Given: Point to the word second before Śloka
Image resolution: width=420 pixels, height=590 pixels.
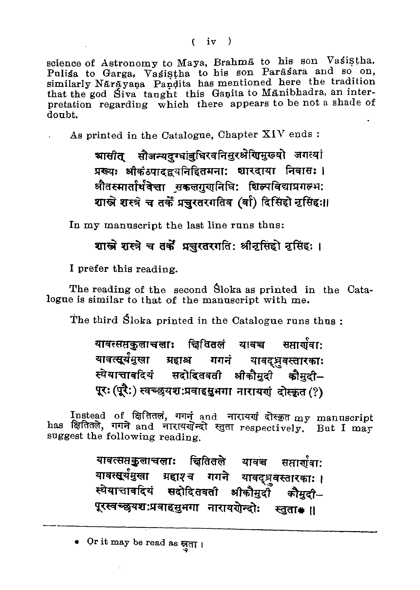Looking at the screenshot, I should (x=190, y=289).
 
